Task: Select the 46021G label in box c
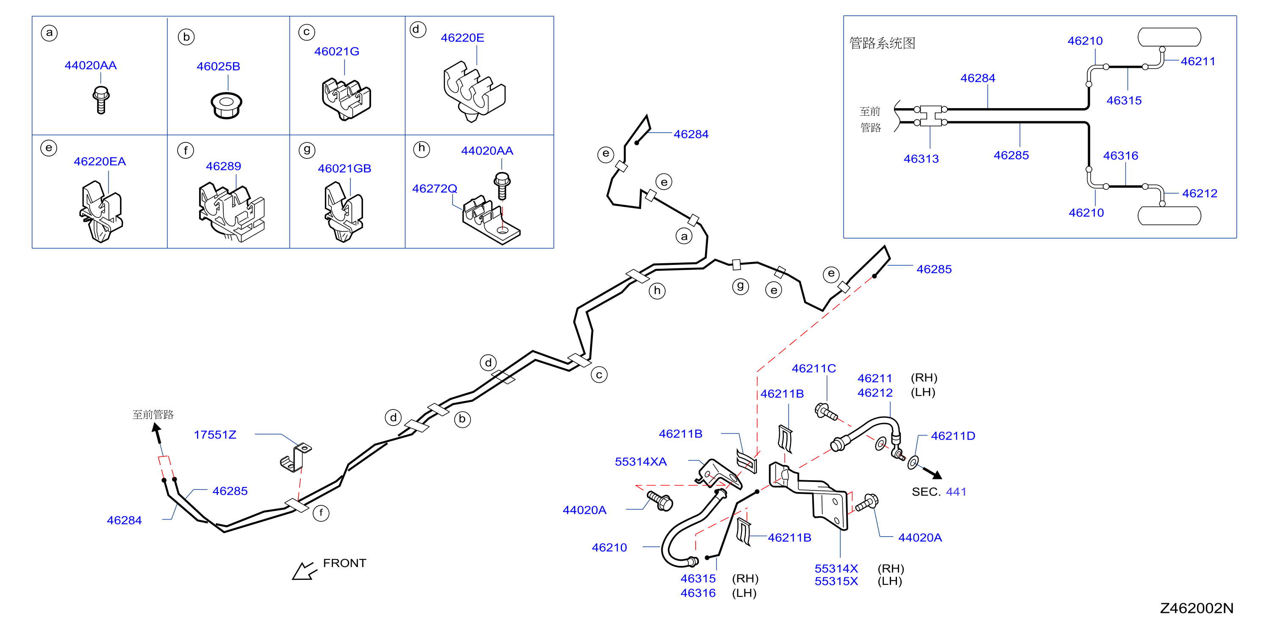point(337,51)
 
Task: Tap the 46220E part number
point(462,38)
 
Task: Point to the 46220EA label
point(100,161)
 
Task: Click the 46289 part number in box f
point(223,167)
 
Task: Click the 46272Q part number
point(434,188)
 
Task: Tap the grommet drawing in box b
point(227,105)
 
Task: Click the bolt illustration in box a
point(101,100)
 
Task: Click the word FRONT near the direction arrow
point(344,563)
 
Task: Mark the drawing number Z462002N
point(1197,608)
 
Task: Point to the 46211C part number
point(814,368)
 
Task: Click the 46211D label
point(953,436)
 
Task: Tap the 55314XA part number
point(641,462)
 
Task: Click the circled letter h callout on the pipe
point(657,291)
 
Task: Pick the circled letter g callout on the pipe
point(741,286)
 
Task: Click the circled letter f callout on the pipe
point(321,513)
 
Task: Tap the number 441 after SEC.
point(956,492)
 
